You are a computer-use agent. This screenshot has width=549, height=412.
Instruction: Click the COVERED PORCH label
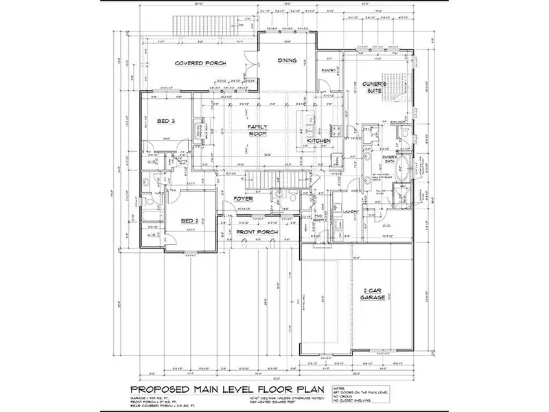click(x=196, y=63)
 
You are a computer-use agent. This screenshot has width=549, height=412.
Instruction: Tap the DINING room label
click(x=287, y=60)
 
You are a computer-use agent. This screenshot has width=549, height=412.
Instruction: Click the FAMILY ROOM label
click(x=257, y=130)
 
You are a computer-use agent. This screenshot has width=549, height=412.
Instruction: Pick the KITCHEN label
click(x=319, y=141)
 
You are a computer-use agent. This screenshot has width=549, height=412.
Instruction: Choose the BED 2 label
click(x=189, y=220)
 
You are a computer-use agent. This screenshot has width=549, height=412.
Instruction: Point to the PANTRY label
click(x=327, y=69)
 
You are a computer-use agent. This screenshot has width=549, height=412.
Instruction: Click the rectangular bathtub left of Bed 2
click(x=152, y=220)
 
